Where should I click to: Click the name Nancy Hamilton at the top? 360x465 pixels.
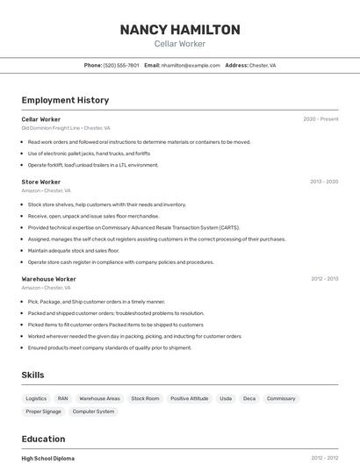[180, 30]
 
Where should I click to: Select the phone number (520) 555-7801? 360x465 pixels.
[121, 65]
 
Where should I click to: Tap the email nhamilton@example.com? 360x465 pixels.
[191, 65]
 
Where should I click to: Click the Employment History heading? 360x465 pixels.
[65, 100]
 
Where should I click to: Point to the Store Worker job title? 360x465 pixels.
[41, 182]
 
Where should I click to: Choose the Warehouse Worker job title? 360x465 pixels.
[49, 279]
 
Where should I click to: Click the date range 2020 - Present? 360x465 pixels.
[320, 119]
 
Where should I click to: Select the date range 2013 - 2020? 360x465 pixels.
[324, 182]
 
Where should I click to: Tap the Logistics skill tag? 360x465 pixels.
[36, 398]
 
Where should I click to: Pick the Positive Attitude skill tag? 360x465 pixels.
[189, 398]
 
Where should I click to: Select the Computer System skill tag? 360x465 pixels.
[93, 411]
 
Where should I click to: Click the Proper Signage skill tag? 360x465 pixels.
[43, 411]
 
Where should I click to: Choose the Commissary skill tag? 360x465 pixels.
[281, 398]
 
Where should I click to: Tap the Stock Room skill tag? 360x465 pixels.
[145, 398]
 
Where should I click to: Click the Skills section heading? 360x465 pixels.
[33, 375]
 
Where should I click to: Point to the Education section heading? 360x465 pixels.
[43, 439]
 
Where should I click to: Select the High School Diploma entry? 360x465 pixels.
[48, 458]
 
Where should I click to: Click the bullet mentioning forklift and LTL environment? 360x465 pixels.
[93, 165]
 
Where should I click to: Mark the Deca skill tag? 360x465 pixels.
[249, 398]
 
